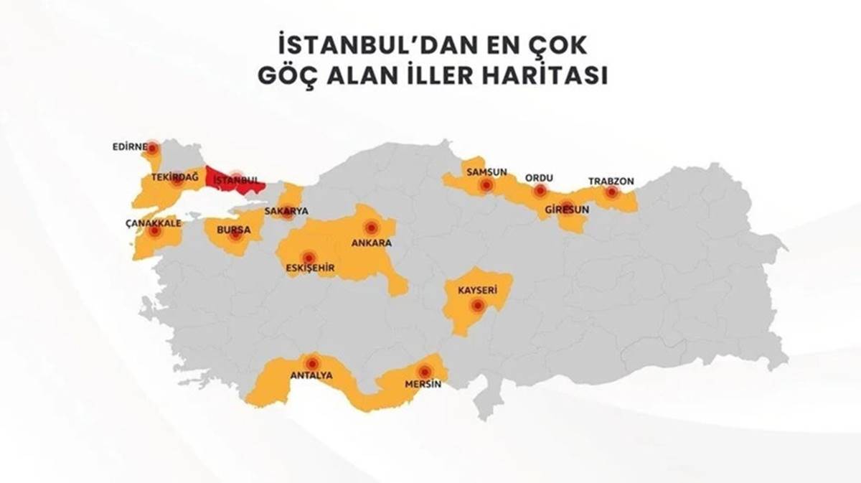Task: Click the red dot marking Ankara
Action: (x=371, y=228)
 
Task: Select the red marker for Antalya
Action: (x=312, y=363)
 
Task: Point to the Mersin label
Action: (x=422, y=385)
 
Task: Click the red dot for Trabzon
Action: (x=611, y=192)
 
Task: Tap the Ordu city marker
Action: (x=540, y=191)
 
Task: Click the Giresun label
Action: (x=567, y=210)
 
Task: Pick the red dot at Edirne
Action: (x=152, y=149)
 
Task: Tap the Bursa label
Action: (x=237, y=230)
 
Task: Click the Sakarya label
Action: (x=286, y=211)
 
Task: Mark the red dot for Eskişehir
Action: (x=309, y=258)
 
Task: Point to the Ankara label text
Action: (x=371, y=243)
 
